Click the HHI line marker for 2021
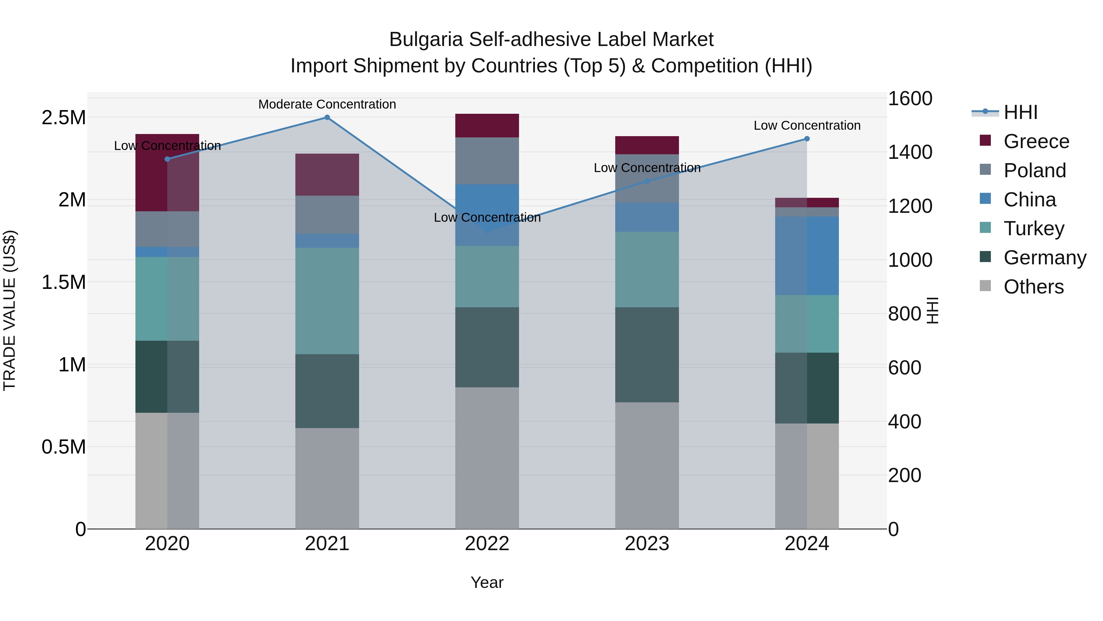pos(327,117)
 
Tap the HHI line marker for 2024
pos(807,139)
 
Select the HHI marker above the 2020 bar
pos(167,159)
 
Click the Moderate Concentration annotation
pos(327,104)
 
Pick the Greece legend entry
pos(1036,141)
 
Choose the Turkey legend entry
pos(1034,228)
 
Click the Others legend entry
pos(1034,287)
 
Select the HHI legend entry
pos(1020,112)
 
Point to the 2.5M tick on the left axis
pos(63,117)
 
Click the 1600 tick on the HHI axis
pos(910,98)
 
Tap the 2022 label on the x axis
pos(487,544)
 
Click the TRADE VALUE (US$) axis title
pos(9,310)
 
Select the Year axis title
pos(487,582)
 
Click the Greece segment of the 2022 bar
pos(487,125)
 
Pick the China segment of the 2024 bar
pos(807,256)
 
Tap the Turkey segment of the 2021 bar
pos(327,301)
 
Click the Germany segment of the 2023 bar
pos(647,355)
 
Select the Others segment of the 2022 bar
pos(487,458)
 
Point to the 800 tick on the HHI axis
pos(904,314)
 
